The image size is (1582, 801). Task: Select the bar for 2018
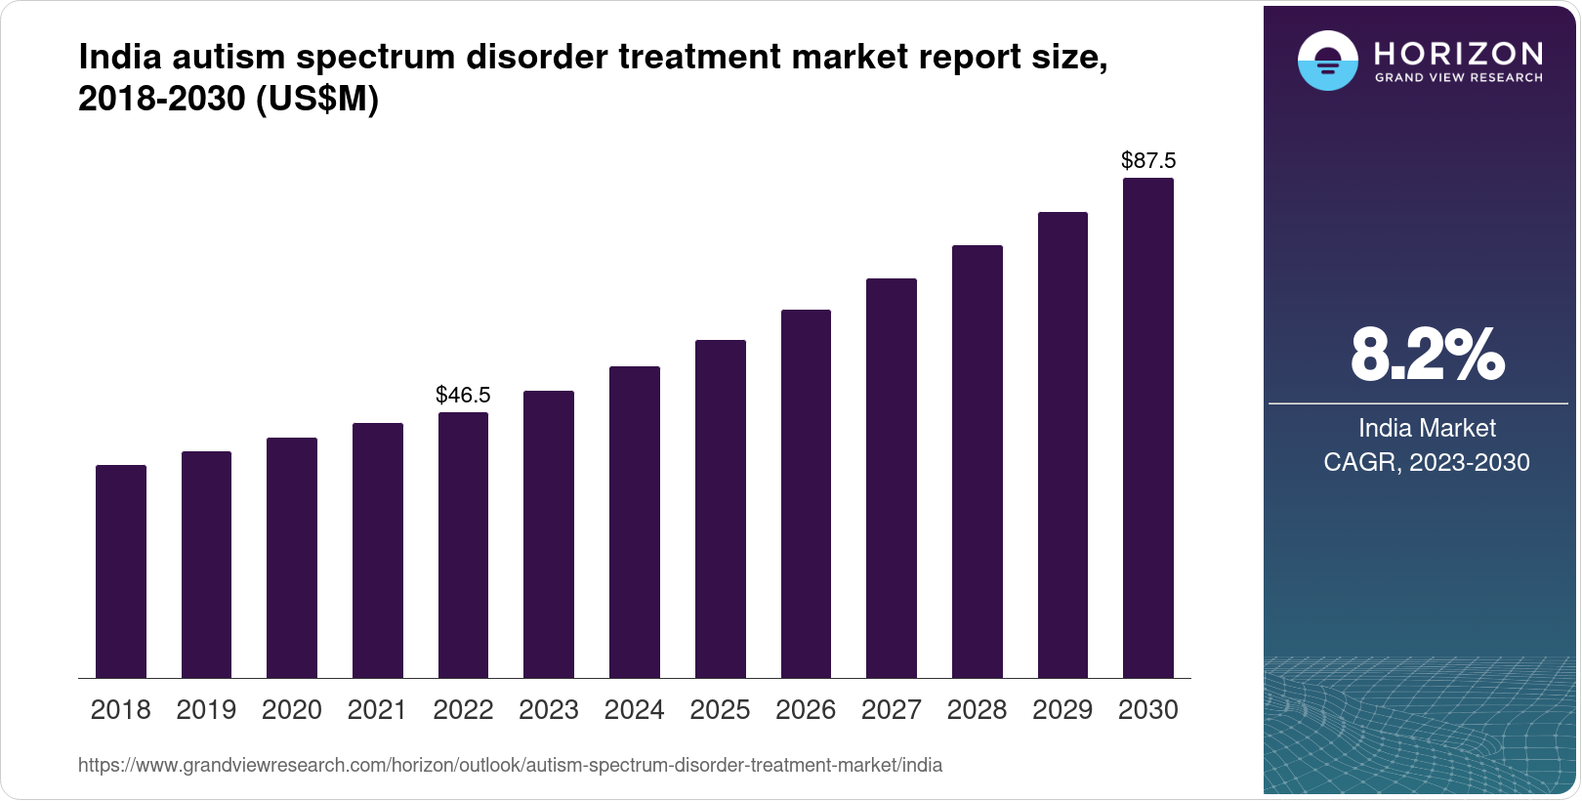121,571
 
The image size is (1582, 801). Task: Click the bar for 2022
463,545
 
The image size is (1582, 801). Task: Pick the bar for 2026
806,493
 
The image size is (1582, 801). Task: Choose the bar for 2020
292,558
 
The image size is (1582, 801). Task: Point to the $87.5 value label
1148,160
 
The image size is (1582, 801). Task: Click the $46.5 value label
463,395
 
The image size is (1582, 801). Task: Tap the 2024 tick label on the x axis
634,710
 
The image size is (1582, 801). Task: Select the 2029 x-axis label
1062,710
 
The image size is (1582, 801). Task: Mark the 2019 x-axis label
206,710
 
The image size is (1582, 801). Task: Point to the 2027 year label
891,710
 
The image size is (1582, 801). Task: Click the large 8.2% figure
1427,356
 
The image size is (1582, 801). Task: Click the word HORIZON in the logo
1458,53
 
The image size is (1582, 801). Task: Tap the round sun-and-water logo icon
1327,61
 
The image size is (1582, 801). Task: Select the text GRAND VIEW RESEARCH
1458,77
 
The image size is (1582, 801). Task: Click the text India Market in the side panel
1427,428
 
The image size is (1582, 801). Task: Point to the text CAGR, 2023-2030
1427,462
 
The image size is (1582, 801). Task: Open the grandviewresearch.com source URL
510,765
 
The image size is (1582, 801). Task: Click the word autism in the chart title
229,58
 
